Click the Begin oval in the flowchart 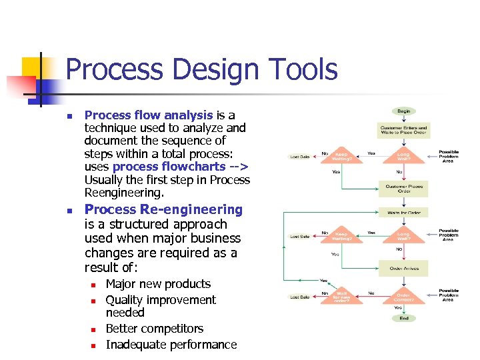[x=404, y=111]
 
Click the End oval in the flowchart [x=404, y=318]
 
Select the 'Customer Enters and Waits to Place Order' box [x=404, y=129]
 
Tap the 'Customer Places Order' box [x=404, y=188]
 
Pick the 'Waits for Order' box [x=404, y=213]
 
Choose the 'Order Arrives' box [x=404, y=268]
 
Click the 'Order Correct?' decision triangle [x=404, y=296]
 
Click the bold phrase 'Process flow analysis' [x=149, y=115]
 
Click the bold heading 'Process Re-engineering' [x=163, y=210]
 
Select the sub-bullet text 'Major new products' [x=158, y=284]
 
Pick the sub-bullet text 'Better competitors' [x=155, y=329]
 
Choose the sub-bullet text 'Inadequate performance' [x=171, y=345]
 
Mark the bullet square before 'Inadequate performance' [x=93, y=345]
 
